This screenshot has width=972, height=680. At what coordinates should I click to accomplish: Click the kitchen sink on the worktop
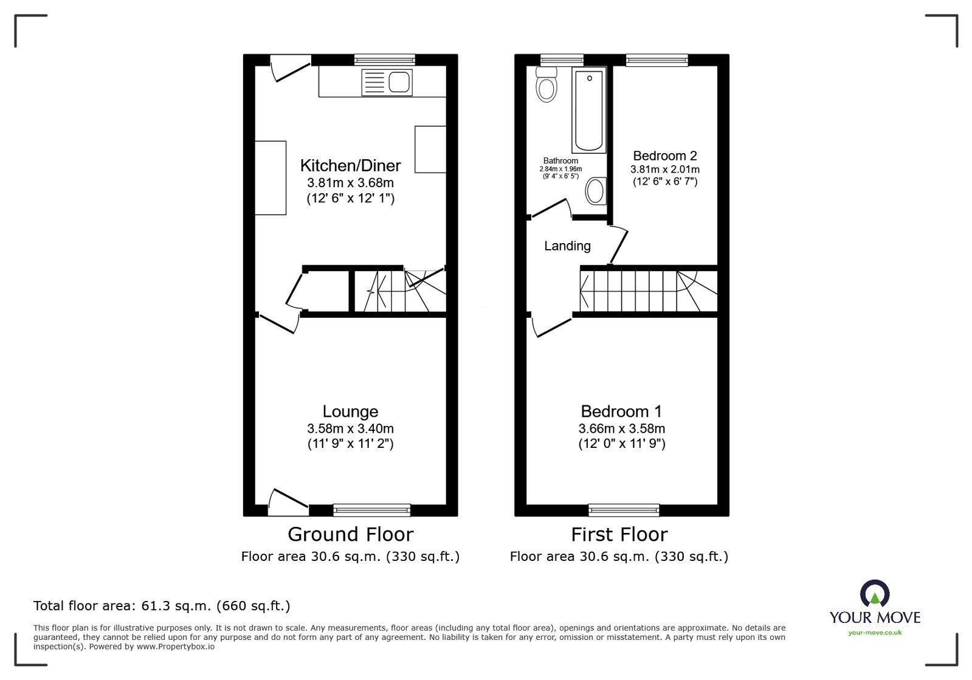[387, 82]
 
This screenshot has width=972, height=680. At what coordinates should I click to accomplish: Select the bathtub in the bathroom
[588, 111]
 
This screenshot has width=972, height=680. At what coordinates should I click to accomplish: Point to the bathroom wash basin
[596, 191]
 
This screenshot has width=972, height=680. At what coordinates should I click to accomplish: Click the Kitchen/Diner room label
[350, 165]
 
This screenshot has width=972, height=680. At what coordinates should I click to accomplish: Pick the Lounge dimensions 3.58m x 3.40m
[350, 428]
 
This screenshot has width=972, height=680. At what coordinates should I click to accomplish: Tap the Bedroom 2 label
[664, 156]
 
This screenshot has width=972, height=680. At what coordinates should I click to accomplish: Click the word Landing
[567, 246]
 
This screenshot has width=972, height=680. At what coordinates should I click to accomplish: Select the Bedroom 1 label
[621, 411]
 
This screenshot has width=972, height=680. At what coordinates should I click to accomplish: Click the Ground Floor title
[350, 534]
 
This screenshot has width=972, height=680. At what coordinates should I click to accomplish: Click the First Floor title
[619, 534]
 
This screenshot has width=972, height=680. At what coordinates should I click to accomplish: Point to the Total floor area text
[162, 606]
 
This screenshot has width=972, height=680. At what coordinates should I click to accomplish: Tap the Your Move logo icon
[875, 594]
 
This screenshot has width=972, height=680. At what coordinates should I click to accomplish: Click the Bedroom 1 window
[624, 510]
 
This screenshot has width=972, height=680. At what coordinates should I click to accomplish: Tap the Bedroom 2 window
[657, 60]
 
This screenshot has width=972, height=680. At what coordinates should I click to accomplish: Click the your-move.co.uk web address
[875, 633]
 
